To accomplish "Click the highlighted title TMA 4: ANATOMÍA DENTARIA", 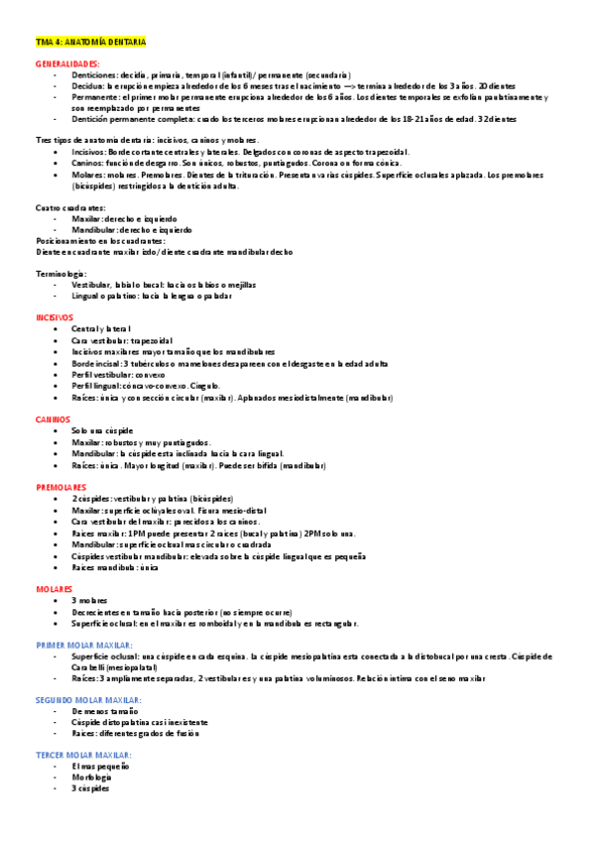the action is [x=90, y=43].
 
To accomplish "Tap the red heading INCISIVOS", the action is [x=54, y=317].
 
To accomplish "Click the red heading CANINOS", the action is [x=52, y=420].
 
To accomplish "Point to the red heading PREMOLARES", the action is [x=60, y=488].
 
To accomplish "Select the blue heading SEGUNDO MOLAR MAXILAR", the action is [x=91, y=700].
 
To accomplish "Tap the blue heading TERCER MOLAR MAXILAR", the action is [x=83, y=755].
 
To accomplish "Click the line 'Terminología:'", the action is [x=60, y=273].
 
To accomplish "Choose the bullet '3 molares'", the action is [x=90, y=600].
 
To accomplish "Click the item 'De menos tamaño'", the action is [x=103, y=711].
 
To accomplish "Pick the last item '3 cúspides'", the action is [x=90, y=787].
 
